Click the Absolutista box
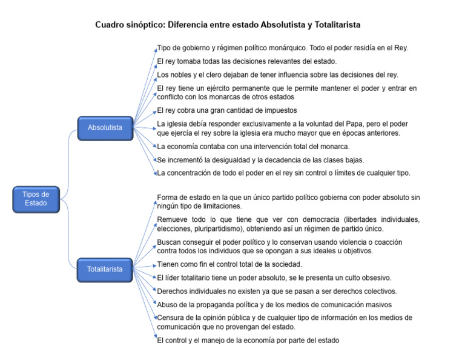(105, 127)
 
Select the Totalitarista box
(105, 268)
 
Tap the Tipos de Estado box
(36, 199)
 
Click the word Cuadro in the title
(110, 25)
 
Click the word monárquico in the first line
(286, 48)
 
